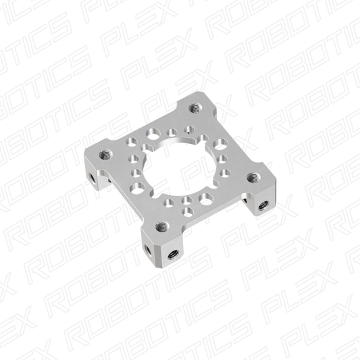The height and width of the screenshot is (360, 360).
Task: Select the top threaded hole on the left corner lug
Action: pyautogui.click(x=105, y=154)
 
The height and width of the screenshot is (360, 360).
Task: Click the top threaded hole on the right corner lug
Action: pyautogui.click(x=253, y=177)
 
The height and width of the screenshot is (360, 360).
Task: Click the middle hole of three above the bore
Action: pyautogui.click(x=172, y=131)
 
